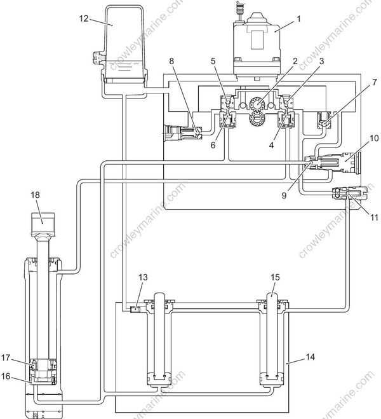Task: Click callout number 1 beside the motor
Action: click(298, 19)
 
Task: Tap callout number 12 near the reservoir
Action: click(84, 18)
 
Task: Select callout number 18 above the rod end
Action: click(35, 195)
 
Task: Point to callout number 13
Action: click(143, 277)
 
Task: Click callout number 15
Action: click(275, 277)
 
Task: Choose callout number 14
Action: click(310, 357)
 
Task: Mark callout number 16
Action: click(6, 376)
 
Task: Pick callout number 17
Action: click(6, 357)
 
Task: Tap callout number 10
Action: click(374, 138)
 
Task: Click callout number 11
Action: click(374, 217)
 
